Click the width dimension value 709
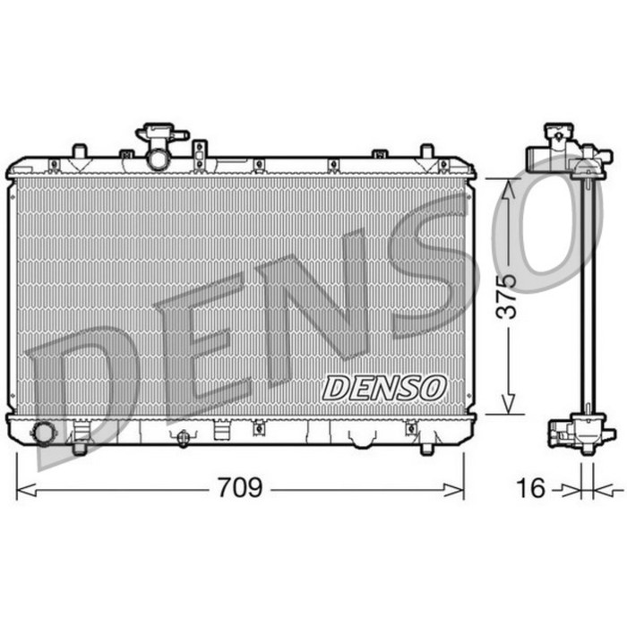(x=240, y=488)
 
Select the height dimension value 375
(x=508, y=296)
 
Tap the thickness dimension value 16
(x=530, y=488)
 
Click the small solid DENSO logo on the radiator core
(x=384, y=388)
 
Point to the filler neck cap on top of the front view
(x=159, y=135)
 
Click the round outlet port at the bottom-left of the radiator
(x=42, y=433)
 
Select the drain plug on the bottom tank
(x=184, y=438)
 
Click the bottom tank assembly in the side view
(x=573, y=432)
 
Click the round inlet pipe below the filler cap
(x=159, y=160)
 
